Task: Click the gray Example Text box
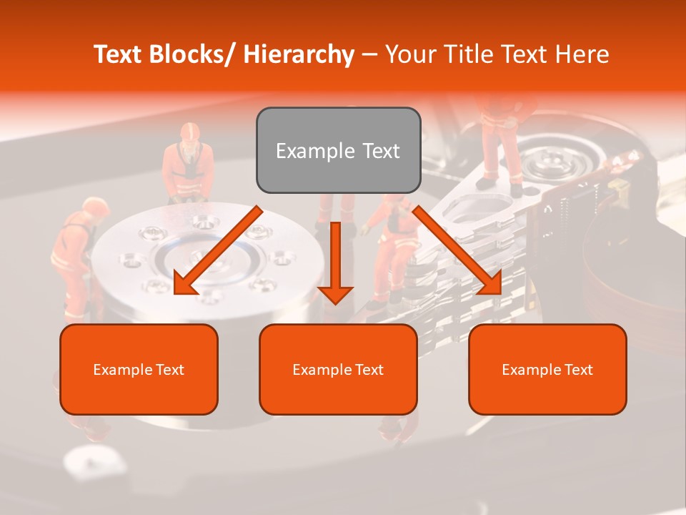click(x=338, y=150)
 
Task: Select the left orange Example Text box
click(x=139, y=369)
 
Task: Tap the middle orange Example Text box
click(x=338, y=369)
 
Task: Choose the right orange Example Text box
click(x=547, y=369)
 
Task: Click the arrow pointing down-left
click(x=218, y=250)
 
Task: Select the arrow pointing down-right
click(x=457, y=250)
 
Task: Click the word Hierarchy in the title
click(x=299, y=54)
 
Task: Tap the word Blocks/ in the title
click(x=191, y=54)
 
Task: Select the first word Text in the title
click(x=119, y=54)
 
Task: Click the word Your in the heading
click(x=409, y=54)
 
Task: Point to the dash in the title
click(x=369, y=54)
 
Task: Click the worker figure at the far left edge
click(x=76, y=257)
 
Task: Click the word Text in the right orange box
click(x=577, y=369)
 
